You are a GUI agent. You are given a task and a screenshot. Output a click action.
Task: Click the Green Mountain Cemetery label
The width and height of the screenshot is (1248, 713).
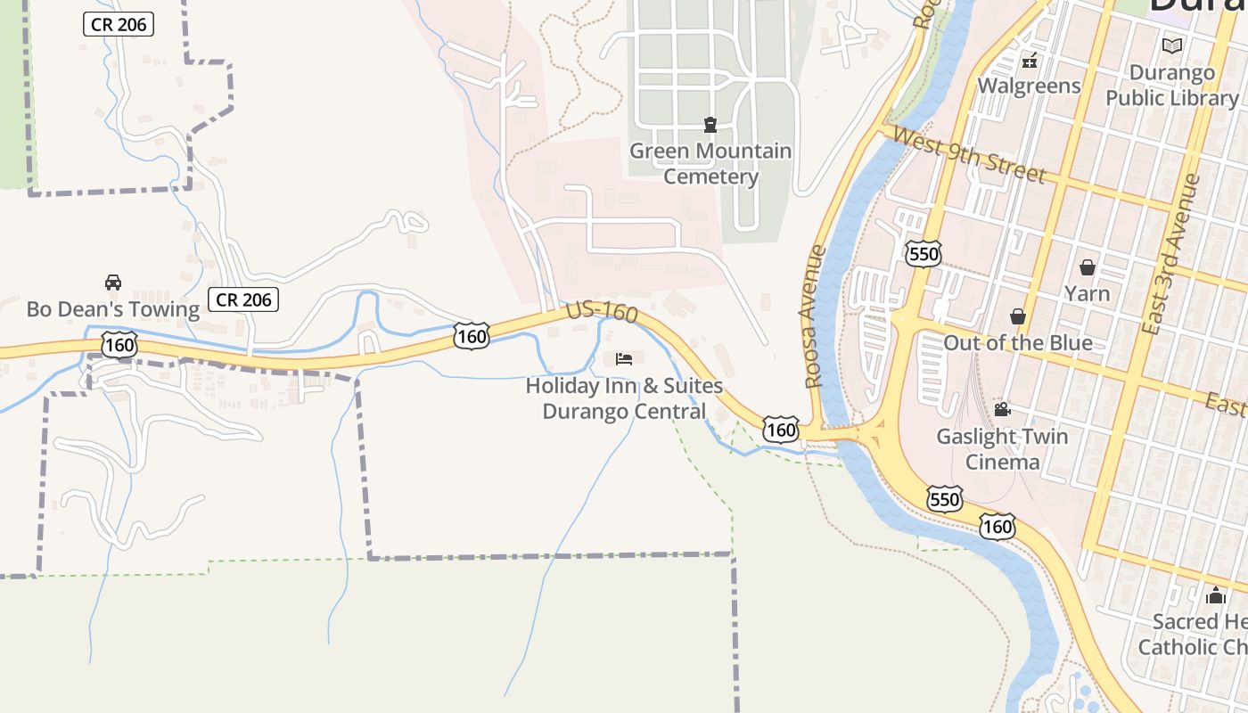pyautogui.click(x=710, y=164)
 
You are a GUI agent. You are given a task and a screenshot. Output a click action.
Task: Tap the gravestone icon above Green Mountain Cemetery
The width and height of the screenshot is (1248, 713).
pyautogui.click(x=710, y=125)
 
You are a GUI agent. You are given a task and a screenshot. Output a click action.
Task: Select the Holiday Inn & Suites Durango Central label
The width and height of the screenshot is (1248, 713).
pyautogui.click(x=624, y=398)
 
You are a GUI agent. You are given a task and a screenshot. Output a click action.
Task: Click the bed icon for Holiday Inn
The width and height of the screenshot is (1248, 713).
pyautogui.click(x=624, y=359)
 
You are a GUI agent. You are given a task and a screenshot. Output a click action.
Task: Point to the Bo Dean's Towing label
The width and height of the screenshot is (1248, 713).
pyautogui.click(x=113, y=309)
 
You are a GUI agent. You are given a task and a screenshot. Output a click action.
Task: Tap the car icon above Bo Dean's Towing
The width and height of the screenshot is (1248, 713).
pyautogui.click(x=113, y=283)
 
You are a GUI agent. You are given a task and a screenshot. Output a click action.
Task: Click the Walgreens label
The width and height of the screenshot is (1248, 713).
pyautogui.click(x=1029, y=86)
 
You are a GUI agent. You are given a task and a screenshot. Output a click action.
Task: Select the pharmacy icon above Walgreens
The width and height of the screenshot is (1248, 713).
pyautogui.click(x=1030, y=61)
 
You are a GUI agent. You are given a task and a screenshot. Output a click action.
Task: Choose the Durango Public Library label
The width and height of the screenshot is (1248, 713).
pyautogui.click(x=1172, y=85)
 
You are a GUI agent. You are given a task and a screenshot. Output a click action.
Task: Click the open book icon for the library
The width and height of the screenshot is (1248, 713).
pyautogui.click(x=1172, y=45)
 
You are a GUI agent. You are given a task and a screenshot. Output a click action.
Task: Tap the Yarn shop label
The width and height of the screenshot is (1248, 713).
pyautogui.click(x=1088, y=293)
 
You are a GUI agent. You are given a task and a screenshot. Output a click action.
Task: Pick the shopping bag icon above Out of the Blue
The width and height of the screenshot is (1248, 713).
pyautogui.click(x=1018, y=316)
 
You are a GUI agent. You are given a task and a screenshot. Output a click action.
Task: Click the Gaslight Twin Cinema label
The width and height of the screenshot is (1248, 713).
pyautogui.click(x=1002, y=449)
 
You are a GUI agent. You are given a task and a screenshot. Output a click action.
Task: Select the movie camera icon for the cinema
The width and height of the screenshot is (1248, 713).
pyautogui.click(x=1002, y=410)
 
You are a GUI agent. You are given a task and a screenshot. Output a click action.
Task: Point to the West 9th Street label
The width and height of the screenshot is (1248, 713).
pyautogui.click(x=967, y=154)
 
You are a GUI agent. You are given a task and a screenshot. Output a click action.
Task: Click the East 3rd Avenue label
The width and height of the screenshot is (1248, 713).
pyautogui.click(x=1171, y=255)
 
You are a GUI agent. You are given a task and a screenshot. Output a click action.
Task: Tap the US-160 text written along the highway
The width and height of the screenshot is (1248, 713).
pyautogui.click(x=603, y=313)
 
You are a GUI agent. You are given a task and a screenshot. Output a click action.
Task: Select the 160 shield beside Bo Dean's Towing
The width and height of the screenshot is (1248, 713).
pyautogui.click(x=119, y=344)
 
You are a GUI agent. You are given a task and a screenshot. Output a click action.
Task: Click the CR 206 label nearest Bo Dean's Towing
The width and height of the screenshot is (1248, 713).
pyautogui.click(x=243, y=299)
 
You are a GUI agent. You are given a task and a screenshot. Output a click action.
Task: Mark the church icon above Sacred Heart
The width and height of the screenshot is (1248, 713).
pyautogui.click(x=1216, y=596)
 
